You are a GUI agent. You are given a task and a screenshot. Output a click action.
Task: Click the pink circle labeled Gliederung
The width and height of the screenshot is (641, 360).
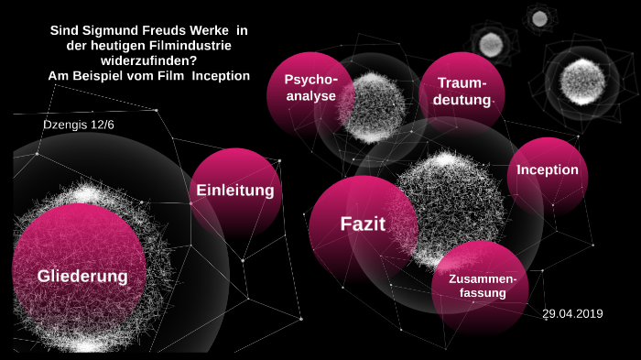coord(82,275)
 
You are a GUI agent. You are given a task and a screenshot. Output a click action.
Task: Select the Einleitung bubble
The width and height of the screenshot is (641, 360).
coord(235,191)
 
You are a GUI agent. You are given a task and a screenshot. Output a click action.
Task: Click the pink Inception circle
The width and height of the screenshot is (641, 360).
coord(548,170)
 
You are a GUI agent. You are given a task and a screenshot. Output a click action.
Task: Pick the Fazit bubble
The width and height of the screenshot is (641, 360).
coord(363,224)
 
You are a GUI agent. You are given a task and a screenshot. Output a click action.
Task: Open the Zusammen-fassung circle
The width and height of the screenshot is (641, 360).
coord(481,286)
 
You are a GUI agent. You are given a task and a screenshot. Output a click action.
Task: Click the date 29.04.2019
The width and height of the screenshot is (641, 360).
coord(572,314)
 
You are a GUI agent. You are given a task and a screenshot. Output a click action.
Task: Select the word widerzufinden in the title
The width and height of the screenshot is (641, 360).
coord(147,60)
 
